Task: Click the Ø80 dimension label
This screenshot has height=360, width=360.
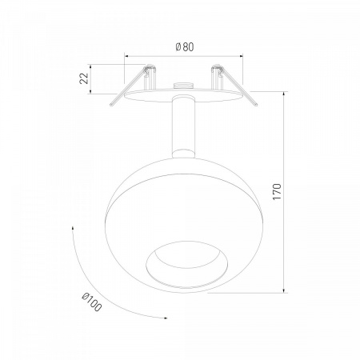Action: [185, 47]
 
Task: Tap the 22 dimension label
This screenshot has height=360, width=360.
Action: [84, 78]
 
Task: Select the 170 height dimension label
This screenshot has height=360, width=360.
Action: [277, 192]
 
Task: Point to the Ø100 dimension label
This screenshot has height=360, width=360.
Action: [92, 302]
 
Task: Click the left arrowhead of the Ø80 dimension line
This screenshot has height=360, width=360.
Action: [126, 56]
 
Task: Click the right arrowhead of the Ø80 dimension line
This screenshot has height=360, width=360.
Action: [241, 56]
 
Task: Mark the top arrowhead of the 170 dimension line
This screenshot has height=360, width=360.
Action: [284, 94]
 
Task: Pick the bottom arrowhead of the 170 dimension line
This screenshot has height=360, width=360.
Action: [284, 290]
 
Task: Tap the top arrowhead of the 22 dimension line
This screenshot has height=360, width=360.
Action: [90, 66]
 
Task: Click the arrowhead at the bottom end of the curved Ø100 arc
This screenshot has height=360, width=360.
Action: [165, 318]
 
